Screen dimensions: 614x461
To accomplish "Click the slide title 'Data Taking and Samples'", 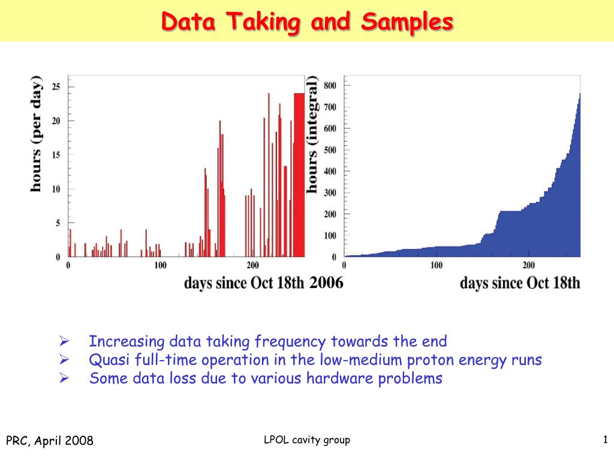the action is [307, 22].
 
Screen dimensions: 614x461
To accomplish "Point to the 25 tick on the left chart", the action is [56, 86].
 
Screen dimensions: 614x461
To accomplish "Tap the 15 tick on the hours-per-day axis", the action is [56, 155].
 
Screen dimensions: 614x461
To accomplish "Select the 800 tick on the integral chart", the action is [330, 85].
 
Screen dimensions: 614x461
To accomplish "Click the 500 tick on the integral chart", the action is [330, 150].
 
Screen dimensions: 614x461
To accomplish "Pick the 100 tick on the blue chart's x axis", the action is [437, 265].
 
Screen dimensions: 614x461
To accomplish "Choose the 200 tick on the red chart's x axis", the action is [252, 265].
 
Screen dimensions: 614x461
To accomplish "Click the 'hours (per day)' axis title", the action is [36, 134].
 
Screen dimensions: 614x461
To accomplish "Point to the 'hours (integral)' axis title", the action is [312, 134].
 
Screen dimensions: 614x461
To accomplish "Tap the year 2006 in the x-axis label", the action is [326, 282].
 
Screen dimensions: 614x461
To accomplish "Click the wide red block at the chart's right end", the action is [299, 175].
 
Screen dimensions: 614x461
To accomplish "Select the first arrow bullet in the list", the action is [64, 341].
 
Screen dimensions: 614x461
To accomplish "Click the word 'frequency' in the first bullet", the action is [290, 342].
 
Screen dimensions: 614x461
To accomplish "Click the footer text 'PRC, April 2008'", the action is [50, 441].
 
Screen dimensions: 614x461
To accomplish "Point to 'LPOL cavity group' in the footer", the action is [307, 440].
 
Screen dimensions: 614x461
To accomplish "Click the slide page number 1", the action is [606, 439].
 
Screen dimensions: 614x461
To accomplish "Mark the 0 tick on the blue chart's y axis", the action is [334, 257].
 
